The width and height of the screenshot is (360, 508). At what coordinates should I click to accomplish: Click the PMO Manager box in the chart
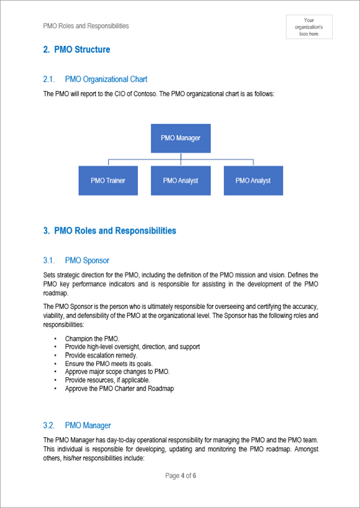tap(180, 138)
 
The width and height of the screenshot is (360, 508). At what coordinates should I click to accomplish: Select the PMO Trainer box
tap(108, 180)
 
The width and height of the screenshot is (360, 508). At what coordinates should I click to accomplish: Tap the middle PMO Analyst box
tap(180, 180)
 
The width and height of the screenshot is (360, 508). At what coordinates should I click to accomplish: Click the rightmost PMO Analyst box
tap(253, 180)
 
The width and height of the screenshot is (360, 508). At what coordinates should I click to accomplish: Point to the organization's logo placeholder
tap(309, 27)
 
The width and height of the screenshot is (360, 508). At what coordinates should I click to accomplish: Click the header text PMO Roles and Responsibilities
tap(86, 26)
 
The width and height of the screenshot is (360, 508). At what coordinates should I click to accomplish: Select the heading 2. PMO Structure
tap(77, 50)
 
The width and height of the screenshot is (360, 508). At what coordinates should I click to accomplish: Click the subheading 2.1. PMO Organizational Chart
tap(95, 79)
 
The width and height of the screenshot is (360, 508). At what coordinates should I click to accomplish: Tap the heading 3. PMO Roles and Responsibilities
tap(110, 231)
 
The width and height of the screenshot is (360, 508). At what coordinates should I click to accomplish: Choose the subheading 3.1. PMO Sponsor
tap(76, 260)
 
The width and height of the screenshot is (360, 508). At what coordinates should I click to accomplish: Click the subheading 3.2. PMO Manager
tap(77, 425)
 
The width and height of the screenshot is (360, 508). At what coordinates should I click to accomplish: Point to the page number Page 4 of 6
tap(180, 476)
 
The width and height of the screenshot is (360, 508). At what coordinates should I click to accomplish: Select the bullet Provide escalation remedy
tap(101, 355)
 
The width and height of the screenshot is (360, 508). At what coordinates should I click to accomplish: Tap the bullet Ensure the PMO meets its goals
tap(108, 364)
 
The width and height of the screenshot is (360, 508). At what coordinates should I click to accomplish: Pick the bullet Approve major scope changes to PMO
tap(117, 372)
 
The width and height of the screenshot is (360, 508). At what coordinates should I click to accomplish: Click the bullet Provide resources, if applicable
tap(108, 380)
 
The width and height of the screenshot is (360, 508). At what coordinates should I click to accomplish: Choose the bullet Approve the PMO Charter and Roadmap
tap(119, 388)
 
